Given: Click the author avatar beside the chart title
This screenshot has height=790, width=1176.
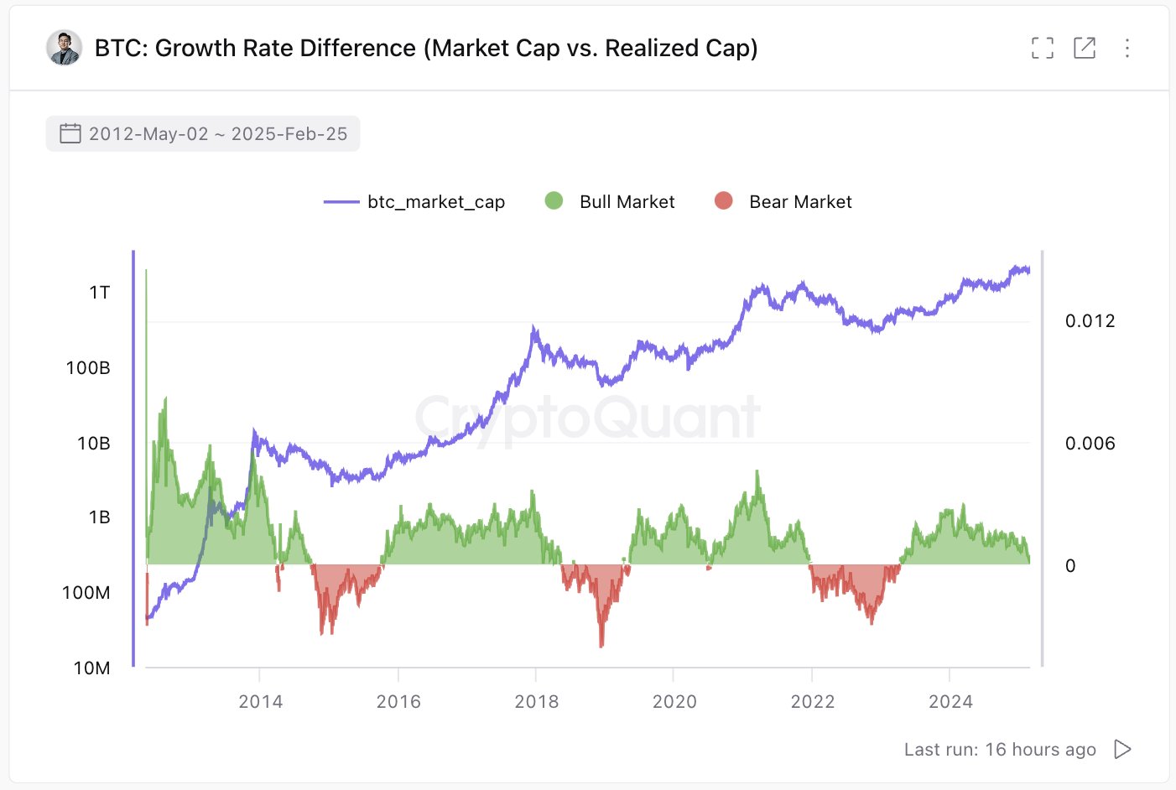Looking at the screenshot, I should (x=64, y=48).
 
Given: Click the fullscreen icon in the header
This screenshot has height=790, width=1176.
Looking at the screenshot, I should (x=1042, y=48).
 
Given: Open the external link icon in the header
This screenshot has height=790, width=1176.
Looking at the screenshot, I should (x=1085, y=48).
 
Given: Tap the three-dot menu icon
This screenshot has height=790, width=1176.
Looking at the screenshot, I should (x=1127, y=48).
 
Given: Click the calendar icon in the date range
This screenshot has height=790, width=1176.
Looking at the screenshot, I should (x=70, y=133).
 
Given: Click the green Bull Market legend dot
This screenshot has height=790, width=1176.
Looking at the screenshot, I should (x=554, y=200).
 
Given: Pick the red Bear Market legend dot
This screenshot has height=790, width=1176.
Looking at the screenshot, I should (x=723, y=200).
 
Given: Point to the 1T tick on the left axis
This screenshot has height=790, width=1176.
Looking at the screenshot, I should (x=100, y=293).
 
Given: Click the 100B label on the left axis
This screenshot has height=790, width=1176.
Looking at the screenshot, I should (x=88, y=368).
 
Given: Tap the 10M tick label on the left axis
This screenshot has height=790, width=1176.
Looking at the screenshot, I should (x=91, y=668).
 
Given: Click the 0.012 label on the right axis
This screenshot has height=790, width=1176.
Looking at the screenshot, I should (x=1090, y=321).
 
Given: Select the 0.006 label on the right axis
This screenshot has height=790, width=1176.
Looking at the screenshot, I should (x=1090, y=444).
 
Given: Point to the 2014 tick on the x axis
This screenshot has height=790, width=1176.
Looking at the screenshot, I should (x=260, y=702).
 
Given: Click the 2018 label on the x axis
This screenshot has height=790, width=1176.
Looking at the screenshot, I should (x=536, y=702).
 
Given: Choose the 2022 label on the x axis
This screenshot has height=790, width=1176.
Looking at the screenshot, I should (x=812, y=702).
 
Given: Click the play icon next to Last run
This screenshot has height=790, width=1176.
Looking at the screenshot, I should (x=1122, y=749).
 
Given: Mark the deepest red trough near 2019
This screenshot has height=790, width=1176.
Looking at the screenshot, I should (x=601, y=644).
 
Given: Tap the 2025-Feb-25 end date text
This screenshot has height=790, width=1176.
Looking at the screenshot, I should (x=289, y=134).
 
